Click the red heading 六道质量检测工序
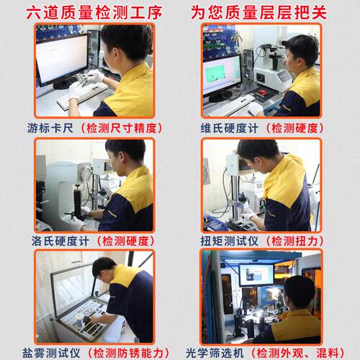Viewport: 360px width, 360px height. pos(94,12)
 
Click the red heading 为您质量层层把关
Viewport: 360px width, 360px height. pos(258,12)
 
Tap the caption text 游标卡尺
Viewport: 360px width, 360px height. pos(50,128)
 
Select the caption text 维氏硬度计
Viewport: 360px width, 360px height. pos(229,128)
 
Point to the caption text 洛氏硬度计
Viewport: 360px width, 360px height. pos(60,241)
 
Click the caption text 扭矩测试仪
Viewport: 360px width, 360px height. pos(229,241)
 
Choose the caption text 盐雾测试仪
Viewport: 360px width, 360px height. pos(51,353)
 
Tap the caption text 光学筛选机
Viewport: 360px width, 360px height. pos(215,353)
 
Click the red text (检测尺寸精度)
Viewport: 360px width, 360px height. pos(122,128)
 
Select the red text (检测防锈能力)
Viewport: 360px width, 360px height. pos(128,353)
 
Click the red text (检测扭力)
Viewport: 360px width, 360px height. pos(294,241)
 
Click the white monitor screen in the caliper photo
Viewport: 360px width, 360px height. pos(61,58)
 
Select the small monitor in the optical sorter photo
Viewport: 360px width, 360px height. pos(256,275)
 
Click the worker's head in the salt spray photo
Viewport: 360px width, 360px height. pos(103,268)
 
